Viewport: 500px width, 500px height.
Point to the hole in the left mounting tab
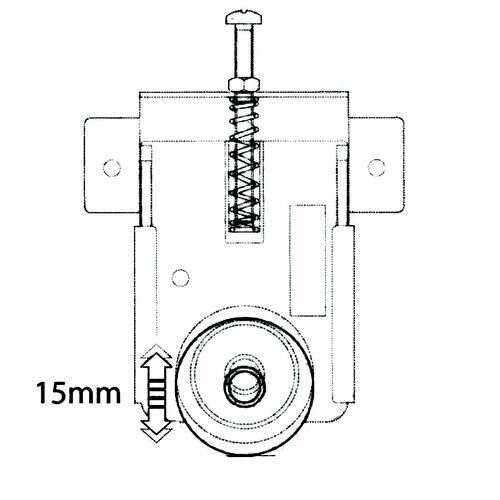tap(110, 163)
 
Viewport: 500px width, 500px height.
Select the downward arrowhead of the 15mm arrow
tap(154, 430)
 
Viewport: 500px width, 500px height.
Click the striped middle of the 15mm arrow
tap(154, 392)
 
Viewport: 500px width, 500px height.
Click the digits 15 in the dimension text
tap(51, 392)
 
